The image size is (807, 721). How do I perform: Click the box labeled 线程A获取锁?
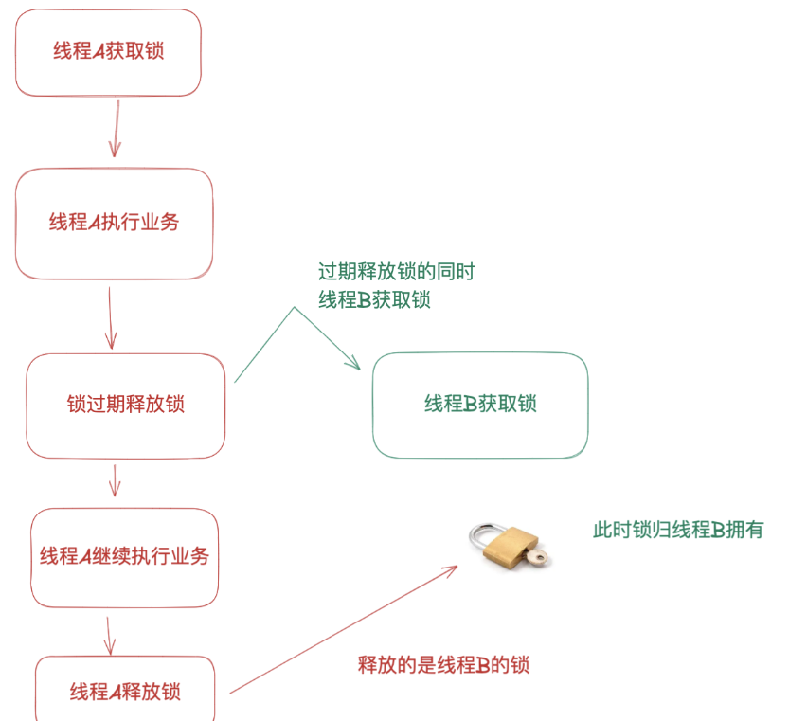108,52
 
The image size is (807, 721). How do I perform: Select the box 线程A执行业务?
114,224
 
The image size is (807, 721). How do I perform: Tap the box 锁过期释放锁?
125,405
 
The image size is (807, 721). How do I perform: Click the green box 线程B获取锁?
480,405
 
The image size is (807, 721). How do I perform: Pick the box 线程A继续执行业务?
124,557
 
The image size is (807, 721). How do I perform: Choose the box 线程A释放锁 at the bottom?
125,692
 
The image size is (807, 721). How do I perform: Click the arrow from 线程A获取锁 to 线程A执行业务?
116,128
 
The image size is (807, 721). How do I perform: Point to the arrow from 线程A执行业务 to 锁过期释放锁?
110,317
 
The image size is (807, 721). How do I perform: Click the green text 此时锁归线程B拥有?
677,531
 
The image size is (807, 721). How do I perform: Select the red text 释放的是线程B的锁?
443,665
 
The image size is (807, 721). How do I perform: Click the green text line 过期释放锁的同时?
396,273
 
